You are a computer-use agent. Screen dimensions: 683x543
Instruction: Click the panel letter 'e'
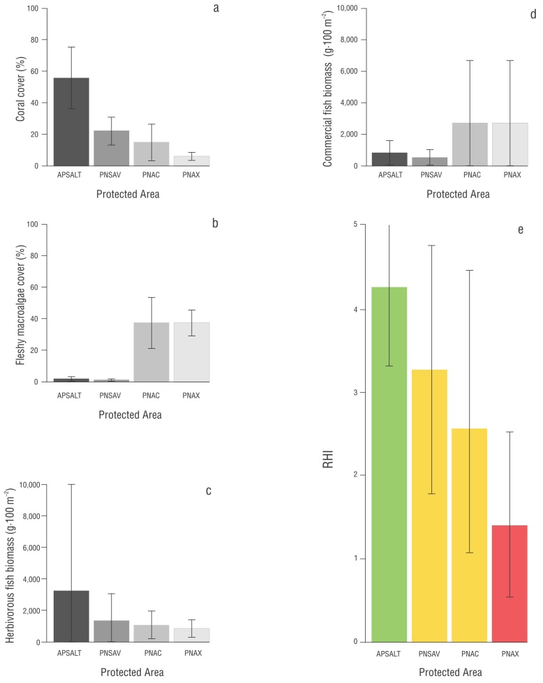click(521, 230)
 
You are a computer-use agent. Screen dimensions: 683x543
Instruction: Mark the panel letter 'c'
click(209, 490)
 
